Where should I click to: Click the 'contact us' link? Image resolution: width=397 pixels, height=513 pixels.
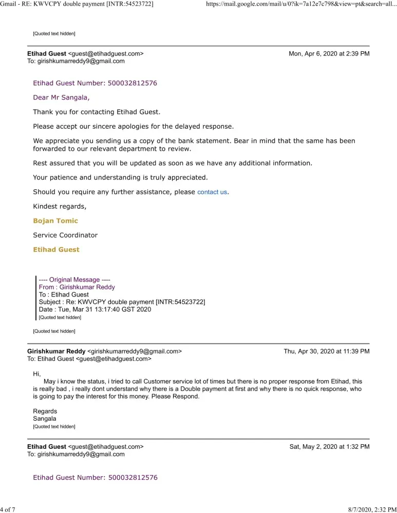pyautogui.click(x=212, y=192)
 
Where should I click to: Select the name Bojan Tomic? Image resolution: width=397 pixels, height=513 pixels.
pyautogui.click(x=55, y=221)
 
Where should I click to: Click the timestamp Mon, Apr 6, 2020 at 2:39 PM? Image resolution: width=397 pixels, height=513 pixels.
pyautogui.click(x=329, y=54)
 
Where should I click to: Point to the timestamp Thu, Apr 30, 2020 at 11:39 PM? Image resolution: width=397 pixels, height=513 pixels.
pyautogui.click(x=326, y=352)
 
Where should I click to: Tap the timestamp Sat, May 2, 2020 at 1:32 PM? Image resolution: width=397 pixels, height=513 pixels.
pyautogui.click(x=329, y=447)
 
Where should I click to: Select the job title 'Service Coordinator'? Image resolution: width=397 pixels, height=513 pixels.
pyautogui.click(x=65, y=235)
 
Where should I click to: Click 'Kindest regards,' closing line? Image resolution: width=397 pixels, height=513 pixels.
pyautogui.click(x=60, y=207)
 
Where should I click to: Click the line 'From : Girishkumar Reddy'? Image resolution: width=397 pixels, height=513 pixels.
pyautogui.click(x=77, y=287)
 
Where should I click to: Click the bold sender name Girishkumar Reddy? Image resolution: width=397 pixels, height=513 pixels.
pyautogui.click(x=56, y=352)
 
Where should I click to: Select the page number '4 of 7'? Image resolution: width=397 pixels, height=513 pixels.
pyautogui.click(x=9, y=509)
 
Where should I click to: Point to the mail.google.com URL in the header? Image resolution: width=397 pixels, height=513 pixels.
pyautogui.click(x=300, y=4)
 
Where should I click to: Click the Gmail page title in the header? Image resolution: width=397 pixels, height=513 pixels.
pyautogui.click(x=77, y=4)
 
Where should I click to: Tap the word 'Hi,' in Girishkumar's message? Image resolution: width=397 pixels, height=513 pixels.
pyautogui.click(x=37, y=374)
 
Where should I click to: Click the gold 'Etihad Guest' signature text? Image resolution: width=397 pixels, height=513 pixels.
pyautogui.click(x=56, y=250)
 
